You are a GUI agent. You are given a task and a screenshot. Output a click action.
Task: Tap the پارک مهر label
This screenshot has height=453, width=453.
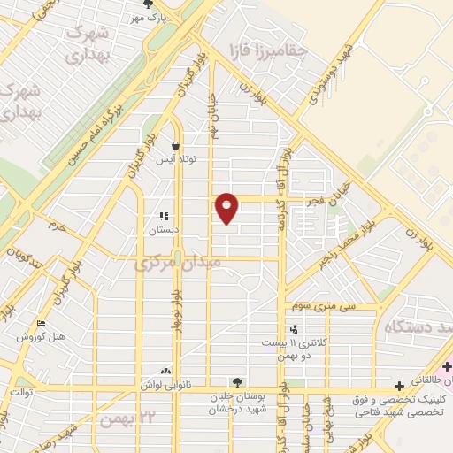[x=150, y=18]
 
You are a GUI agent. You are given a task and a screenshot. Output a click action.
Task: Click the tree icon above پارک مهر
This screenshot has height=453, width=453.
[x=147, y=5]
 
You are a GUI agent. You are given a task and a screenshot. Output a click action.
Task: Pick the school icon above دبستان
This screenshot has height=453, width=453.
[x=163, y=216]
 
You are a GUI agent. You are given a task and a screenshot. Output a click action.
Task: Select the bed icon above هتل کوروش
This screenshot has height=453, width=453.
[x=39, y=324]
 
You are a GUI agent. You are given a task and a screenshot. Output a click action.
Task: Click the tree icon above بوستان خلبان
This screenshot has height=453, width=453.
[x=234, y=381]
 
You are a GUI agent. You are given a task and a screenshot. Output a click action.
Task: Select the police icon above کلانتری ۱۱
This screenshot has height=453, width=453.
[x=293, y=329]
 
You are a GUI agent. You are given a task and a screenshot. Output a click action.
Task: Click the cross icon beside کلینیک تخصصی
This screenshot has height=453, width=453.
[x=400, y=385]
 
